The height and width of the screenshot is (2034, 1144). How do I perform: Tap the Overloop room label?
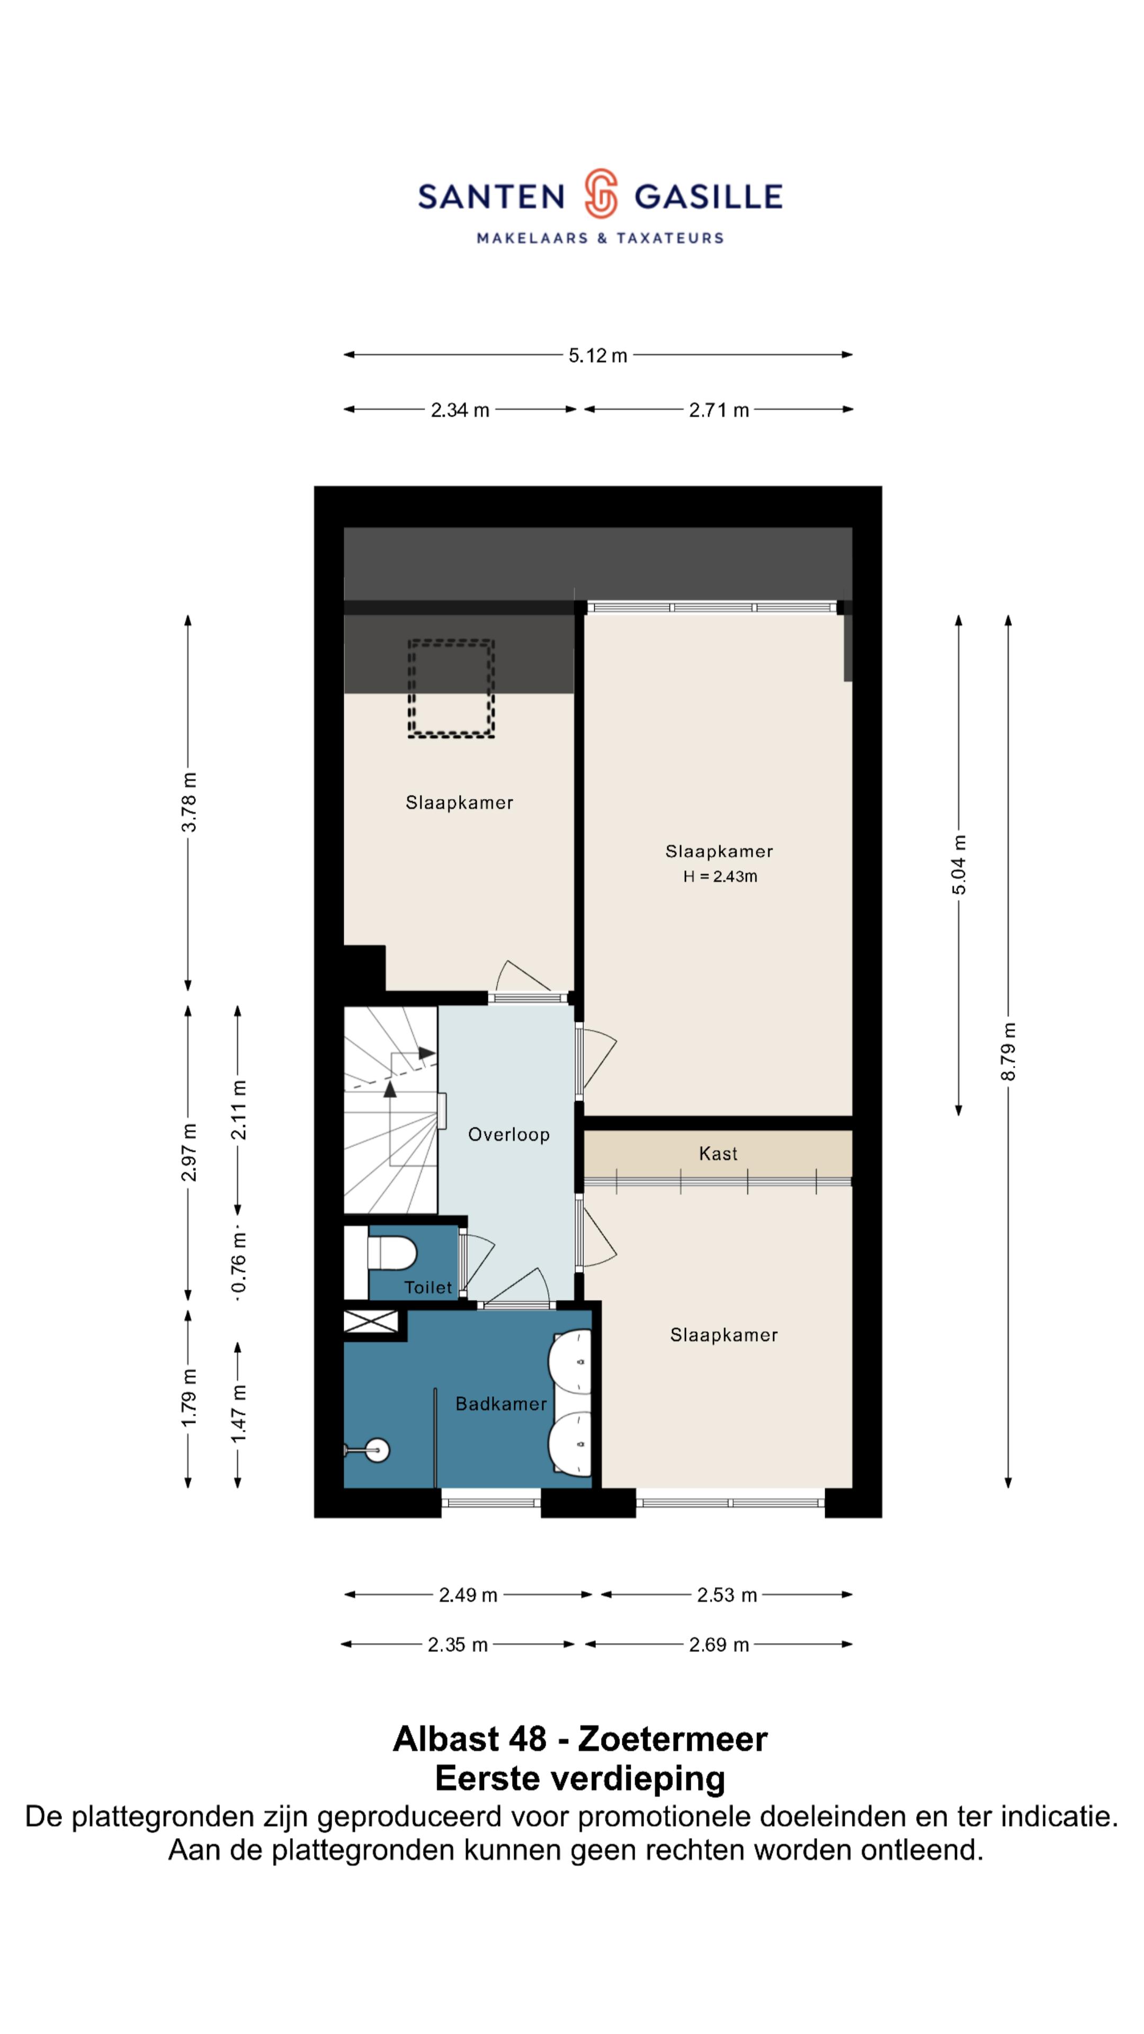point(508,1135)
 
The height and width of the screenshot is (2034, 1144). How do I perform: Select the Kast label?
point(718,1154)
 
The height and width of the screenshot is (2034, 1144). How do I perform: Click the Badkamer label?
point(501,1403)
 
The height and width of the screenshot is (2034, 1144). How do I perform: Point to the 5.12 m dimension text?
point(597,355)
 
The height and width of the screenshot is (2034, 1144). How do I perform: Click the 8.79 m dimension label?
point(1008,1052)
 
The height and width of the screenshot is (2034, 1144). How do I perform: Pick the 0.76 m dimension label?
point(238,1265)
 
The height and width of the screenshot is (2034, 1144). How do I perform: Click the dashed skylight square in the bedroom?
point(451,689)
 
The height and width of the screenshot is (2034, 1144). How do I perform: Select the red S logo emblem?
point(600,193)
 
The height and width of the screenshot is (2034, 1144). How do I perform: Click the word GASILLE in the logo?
point(708,196)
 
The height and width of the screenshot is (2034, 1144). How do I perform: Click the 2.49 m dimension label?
point(468,1594)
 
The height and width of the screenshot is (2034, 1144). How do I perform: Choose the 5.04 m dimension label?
point(959,864)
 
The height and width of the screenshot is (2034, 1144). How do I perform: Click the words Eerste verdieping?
point(580,1778)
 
